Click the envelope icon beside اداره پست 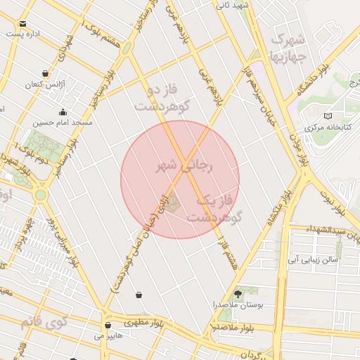click(x=23, y=23)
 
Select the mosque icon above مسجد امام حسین click(x=63, y=111)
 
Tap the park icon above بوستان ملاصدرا click(x=237, y=293)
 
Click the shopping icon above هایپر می click(x=108, y=325)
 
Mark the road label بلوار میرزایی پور click(x=60, y=242)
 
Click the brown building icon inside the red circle click(x=174, y=203)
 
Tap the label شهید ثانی click(x=233, y=5)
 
